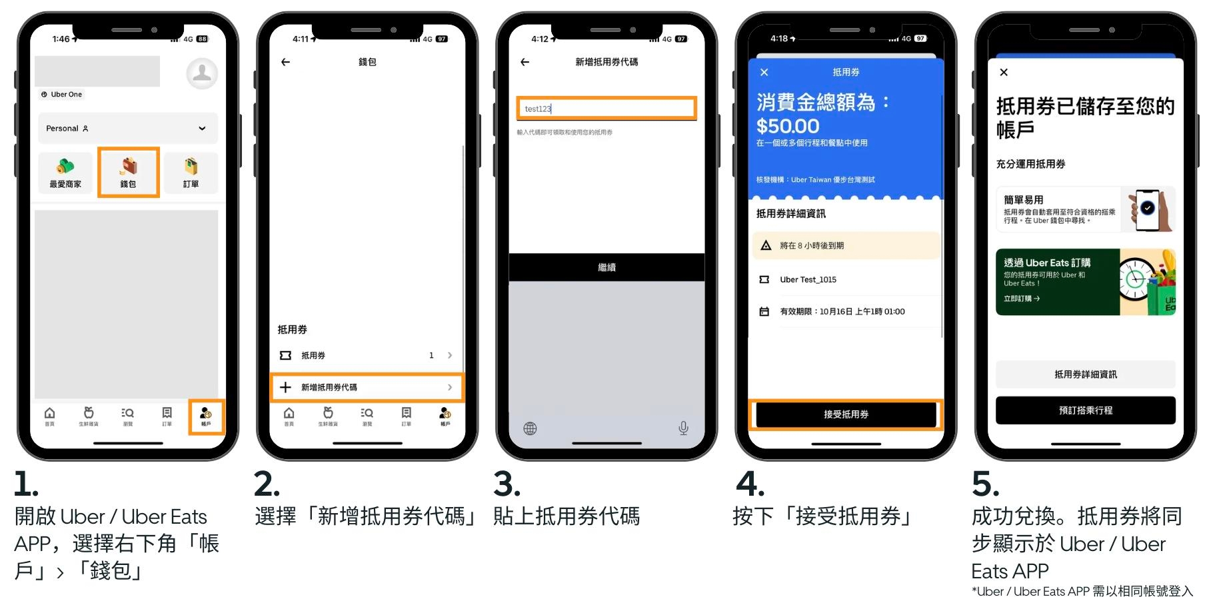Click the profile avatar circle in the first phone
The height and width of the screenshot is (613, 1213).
tap(201, 73)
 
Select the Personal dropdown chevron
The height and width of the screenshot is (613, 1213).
tap(202, 129)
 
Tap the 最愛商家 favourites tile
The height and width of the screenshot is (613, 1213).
tap(65, 173)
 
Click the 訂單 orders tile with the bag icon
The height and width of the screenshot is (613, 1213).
tap(191, 173)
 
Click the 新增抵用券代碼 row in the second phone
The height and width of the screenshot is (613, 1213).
tap(367, 387)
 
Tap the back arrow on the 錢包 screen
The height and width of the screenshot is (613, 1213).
tap(286, 62)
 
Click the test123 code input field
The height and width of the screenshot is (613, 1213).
tap(606, 109)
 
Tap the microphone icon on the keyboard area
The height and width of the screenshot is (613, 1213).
tap(683, 428)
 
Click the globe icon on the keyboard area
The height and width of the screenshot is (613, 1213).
tap(530, 428)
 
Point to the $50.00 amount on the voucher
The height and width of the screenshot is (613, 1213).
tap(788, 126)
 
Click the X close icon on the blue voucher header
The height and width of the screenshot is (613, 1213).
tap(764, 72)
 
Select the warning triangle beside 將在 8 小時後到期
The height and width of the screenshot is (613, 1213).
tap(766, 245)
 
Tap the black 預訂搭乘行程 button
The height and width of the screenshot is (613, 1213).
tap(1085, 410)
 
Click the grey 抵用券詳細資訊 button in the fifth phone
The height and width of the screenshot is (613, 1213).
tap(1085, 374)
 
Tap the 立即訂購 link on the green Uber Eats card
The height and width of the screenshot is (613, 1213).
tap(1022, 299)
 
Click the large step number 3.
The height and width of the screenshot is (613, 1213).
tap(507, 484)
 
